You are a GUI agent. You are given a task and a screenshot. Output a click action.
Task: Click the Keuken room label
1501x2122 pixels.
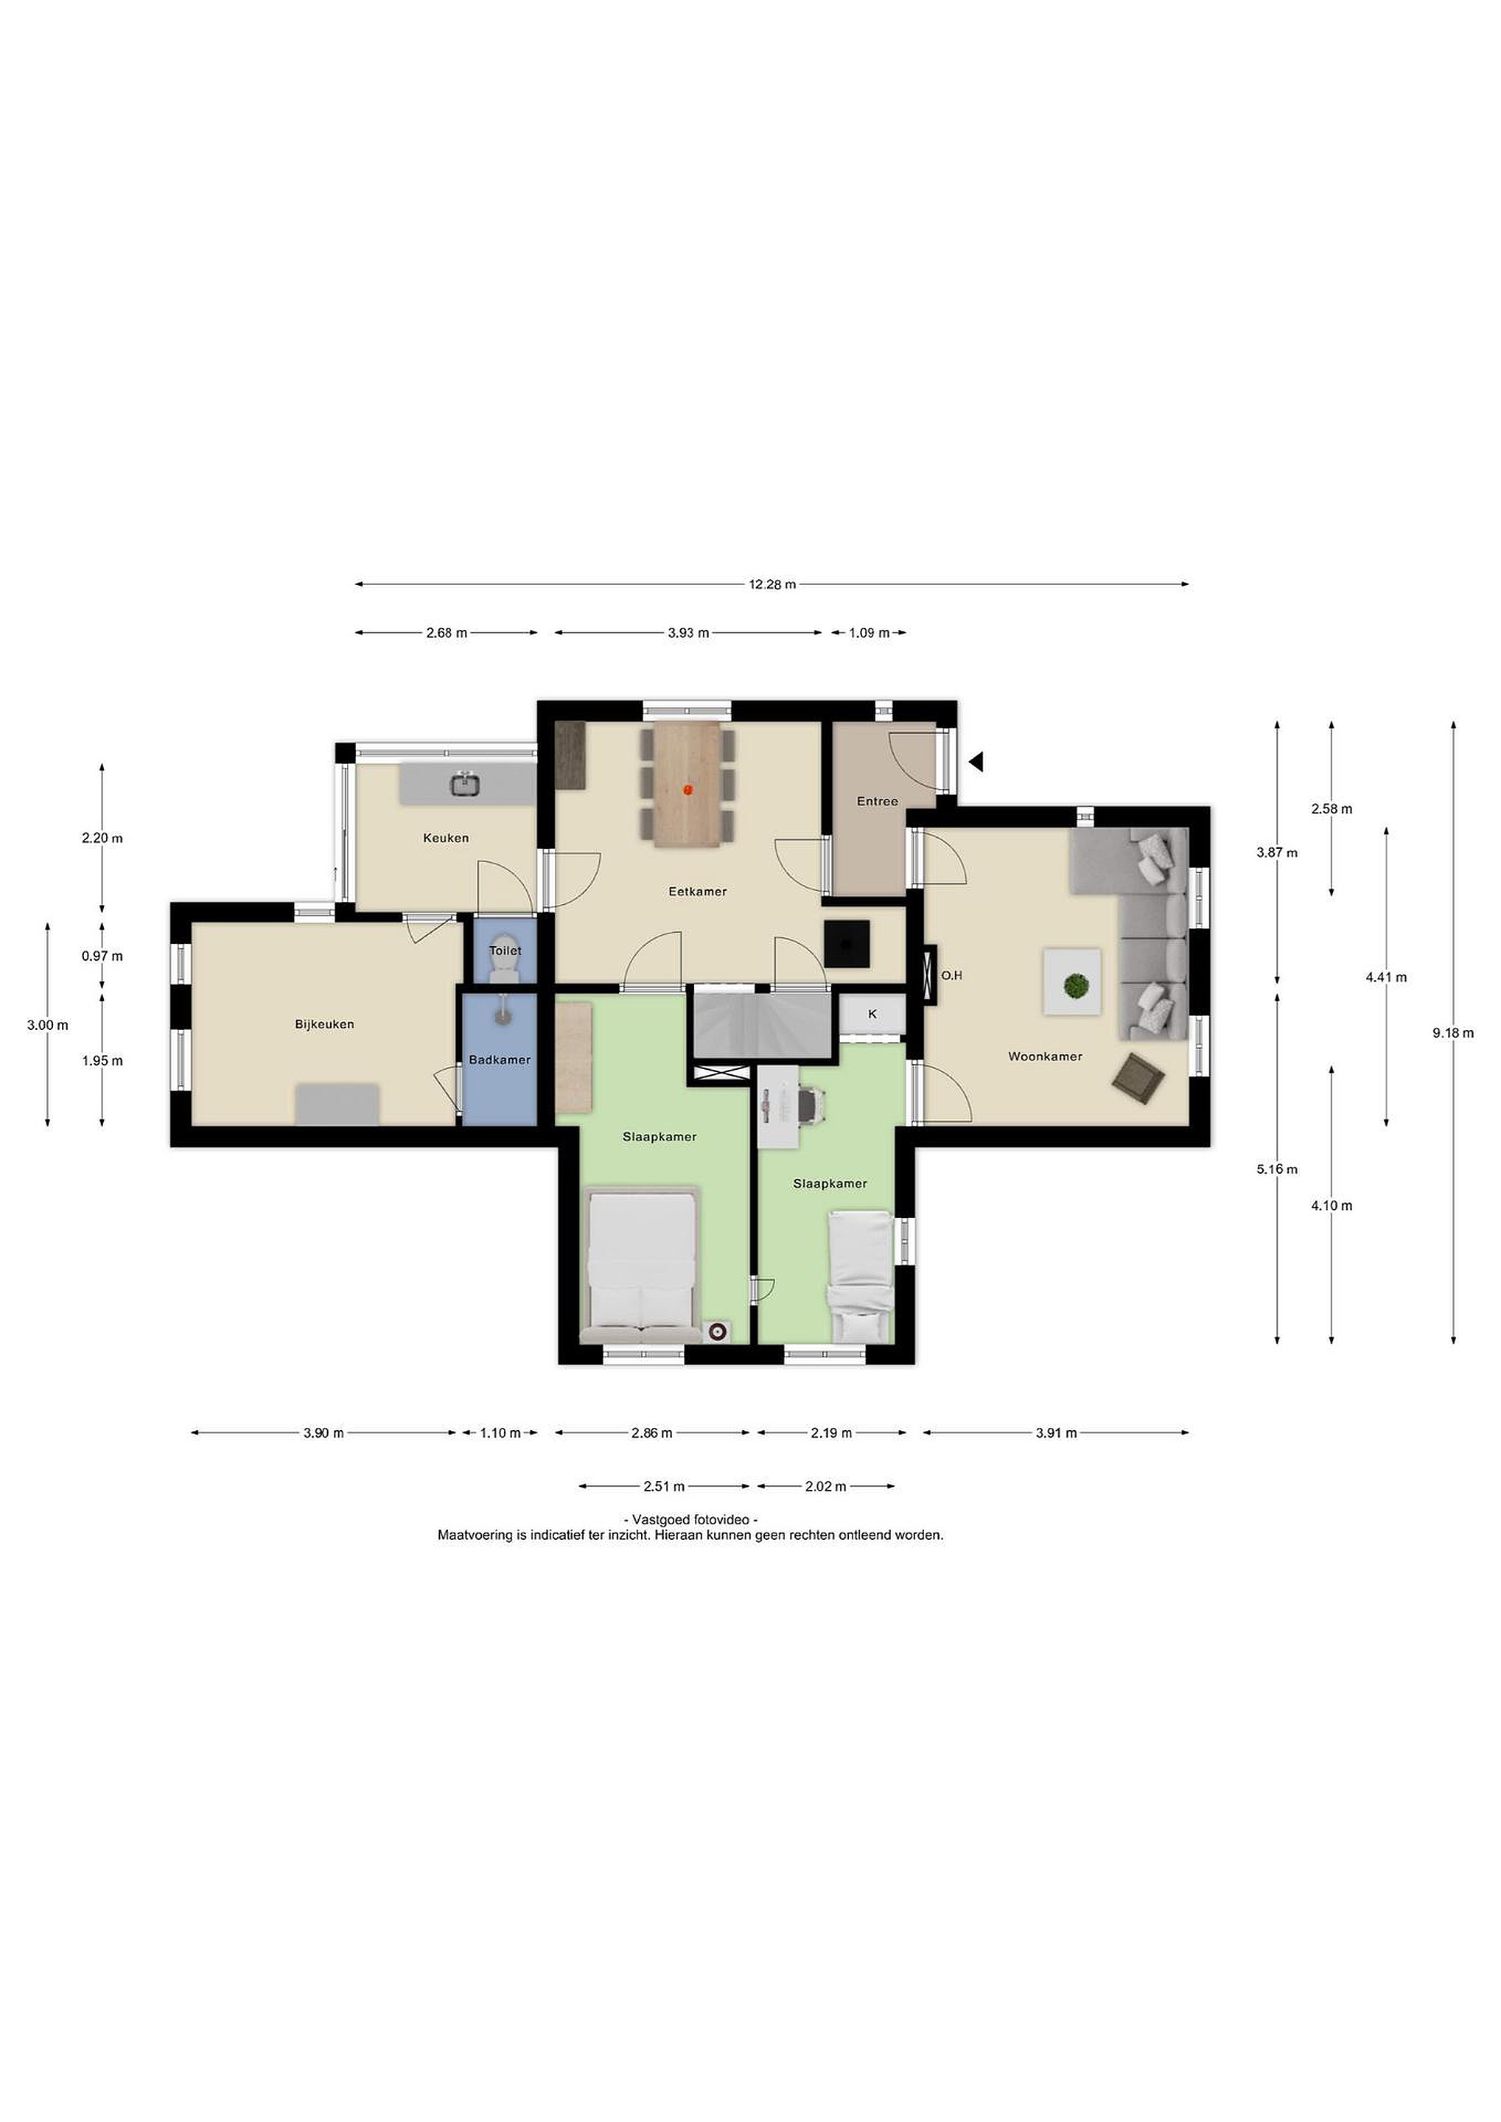446,838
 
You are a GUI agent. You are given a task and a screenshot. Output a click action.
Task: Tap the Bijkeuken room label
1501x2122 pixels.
324,1024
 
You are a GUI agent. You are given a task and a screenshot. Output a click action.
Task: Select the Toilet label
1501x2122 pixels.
505,950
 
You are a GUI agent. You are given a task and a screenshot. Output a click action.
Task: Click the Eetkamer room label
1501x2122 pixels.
698,892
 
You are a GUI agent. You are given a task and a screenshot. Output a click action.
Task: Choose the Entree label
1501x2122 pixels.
877,802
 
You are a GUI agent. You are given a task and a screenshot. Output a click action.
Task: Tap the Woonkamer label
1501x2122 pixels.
1046,1057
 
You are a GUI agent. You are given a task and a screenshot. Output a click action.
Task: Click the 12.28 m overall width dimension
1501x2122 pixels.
772,584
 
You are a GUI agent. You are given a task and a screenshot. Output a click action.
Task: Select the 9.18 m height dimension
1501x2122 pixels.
1453,1033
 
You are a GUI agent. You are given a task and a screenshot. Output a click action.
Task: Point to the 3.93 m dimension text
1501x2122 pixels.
688,633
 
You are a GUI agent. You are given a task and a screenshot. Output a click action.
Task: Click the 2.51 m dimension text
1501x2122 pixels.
665,1487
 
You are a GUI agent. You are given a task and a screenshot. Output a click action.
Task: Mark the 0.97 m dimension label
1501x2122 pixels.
102,956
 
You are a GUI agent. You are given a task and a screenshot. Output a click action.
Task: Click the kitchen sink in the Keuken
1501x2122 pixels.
465,785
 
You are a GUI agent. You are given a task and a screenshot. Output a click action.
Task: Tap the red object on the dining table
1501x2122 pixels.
687,789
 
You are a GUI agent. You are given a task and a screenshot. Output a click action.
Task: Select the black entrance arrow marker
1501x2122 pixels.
976,762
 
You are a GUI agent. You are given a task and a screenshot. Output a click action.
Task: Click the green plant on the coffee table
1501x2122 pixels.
1074,986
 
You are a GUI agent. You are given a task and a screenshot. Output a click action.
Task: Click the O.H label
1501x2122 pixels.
952,975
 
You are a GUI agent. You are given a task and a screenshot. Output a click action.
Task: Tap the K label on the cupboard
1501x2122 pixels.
872,1014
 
